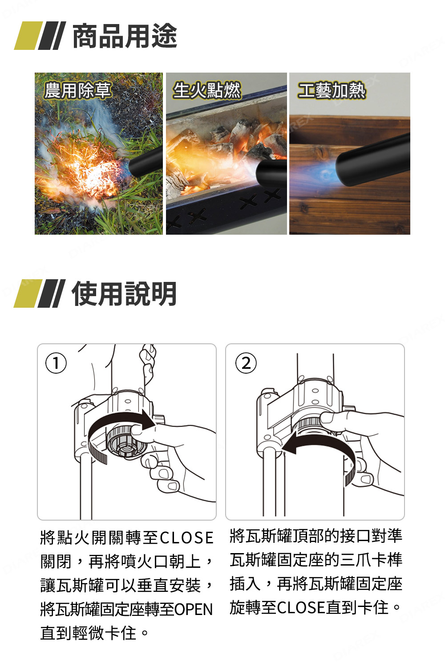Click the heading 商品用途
tap(125, 36)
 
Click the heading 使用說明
tap(125, 294)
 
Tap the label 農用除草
tap(77, 90)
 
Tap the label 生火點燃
tap(207, 90)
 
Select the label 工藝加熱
tap(332, 90)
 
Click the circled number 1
tap(56, 363)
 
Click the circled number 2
tap(246, 363)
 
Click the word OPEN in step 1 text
tap(194, 609)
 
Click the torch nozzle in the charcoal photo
tap(271, 174)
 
